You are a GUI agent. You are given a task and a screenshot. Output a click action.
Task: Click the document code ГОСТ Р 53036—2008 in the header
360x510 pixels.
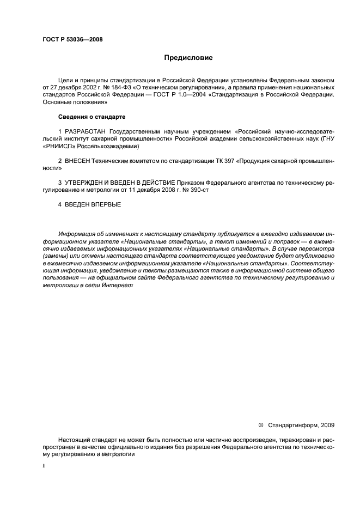pyautogui.click(x=72, y=39)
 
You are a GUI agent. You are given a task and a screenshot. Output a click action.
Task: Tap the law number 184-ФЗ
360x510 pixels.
pyautogui.click(x=118, y=87)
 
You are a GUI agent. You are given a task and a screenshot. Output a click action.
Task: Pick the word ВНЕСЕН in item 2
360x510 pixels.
pyautogui.click(x=77, y=162)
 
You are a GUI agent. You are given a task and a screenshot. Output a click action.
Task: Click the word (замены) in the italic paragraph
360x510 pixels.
pyautogui.click(x=56, y=256)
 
